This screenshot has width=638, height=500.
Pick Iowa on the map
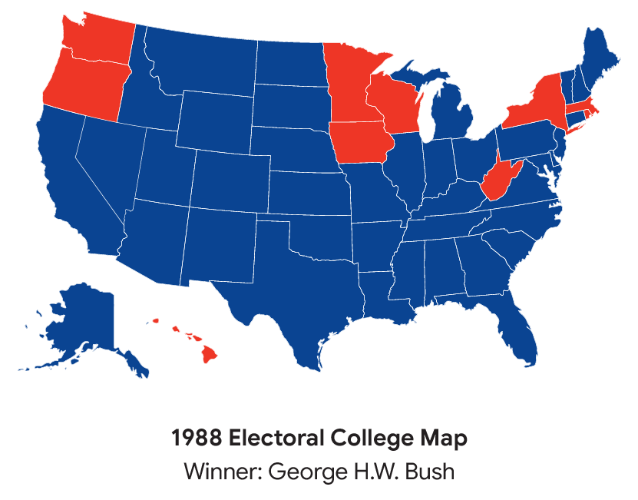(x=359, y=142)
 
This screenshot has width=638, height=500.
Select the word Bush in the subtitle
(x=430, y=471)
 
